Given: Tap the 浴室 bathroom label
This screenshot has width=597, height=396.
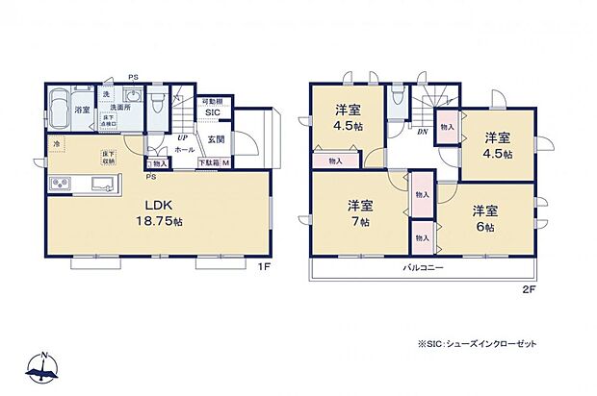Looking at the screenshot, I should (82, 111).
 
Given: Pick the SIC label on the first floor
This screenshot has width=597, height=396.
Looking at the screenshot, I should (212, 111).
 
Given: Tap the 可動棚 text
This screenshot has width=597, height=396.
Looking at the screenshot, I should (211, 101).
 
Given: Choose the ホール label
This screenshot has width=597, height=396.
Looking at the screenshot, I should (185, 150).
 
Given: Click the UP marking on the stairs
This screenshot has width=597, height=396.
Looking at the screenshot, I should (181, 137).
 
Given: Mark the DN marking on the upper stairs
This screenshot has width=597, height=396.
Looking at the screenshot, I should (422, 132).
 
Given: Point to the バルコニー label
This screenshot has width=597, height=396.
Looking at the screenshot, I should (423, 269).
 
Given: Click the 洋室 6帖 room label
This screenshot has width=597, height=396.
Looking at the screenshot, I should (483, 217).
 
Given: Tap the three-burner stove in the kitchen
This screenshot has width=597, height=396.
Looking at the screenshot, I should (58, 185).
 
